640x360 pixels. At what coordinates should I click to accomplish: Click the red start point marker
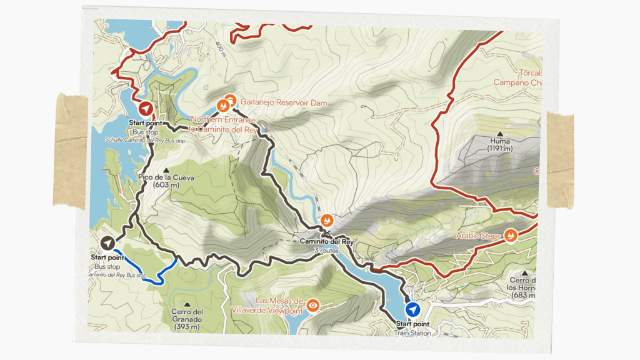point(146,109)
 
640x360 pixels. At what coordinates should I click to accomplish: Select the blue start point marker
point(412,309)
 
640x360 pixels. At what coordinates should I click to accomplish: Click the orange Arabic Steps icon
point(511,235)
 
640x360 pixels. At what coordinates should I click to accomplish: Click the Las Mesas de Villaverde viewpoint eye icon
point(313,306)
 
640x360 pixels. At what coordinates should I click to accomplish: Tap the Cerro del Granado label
point(187,319)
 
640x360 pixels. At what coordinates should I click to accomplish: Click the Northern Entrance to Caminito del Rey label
point(224,124)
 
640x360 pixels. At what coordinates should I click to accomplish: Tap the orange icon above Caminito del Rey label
point(327,221)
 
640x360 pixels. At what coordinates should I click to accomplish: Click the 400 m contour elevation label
point(219,46)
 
